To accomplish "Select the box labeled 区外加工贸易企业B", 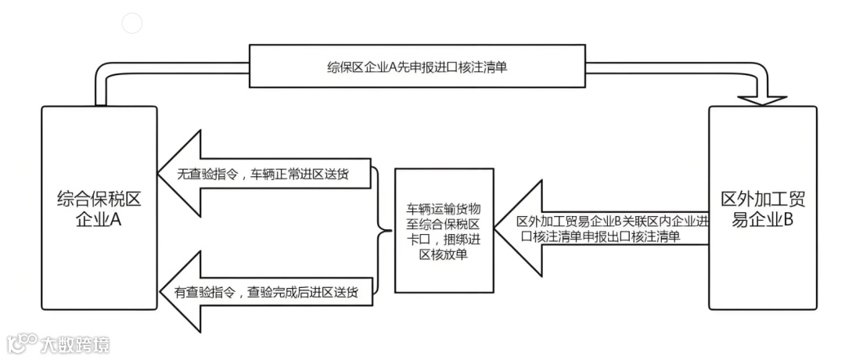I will click(x=762, y=207).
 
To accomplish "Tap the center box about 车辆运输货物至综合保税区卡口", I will click(x=444, y=230).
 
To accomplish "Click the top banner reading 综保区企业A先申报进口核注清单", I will click(x=417, y=67).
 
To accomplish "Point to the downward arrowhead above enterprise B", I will click(x=762, y=98).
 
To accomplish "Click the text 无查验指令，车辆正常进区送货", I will click(x=263, y=175).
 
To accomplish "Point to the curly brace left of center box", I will click(x=383, y=230).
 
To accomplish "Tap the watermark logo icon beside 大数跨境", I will click(x=23, y=343).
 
